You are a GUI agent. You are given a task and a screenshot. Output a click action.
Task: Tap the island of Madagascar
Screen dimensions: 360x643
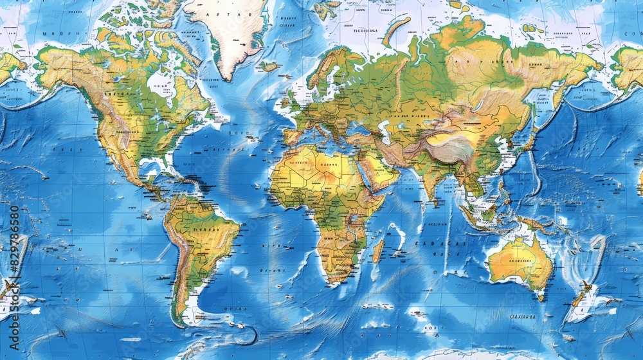(378, 250)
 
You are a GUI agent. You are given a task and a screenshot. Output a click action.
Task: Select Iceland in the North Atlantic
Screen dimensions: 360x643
(269, 66)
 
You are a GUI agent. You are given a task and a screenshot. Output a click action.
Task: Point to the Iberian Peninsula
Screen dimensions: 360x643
(293, 136)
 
